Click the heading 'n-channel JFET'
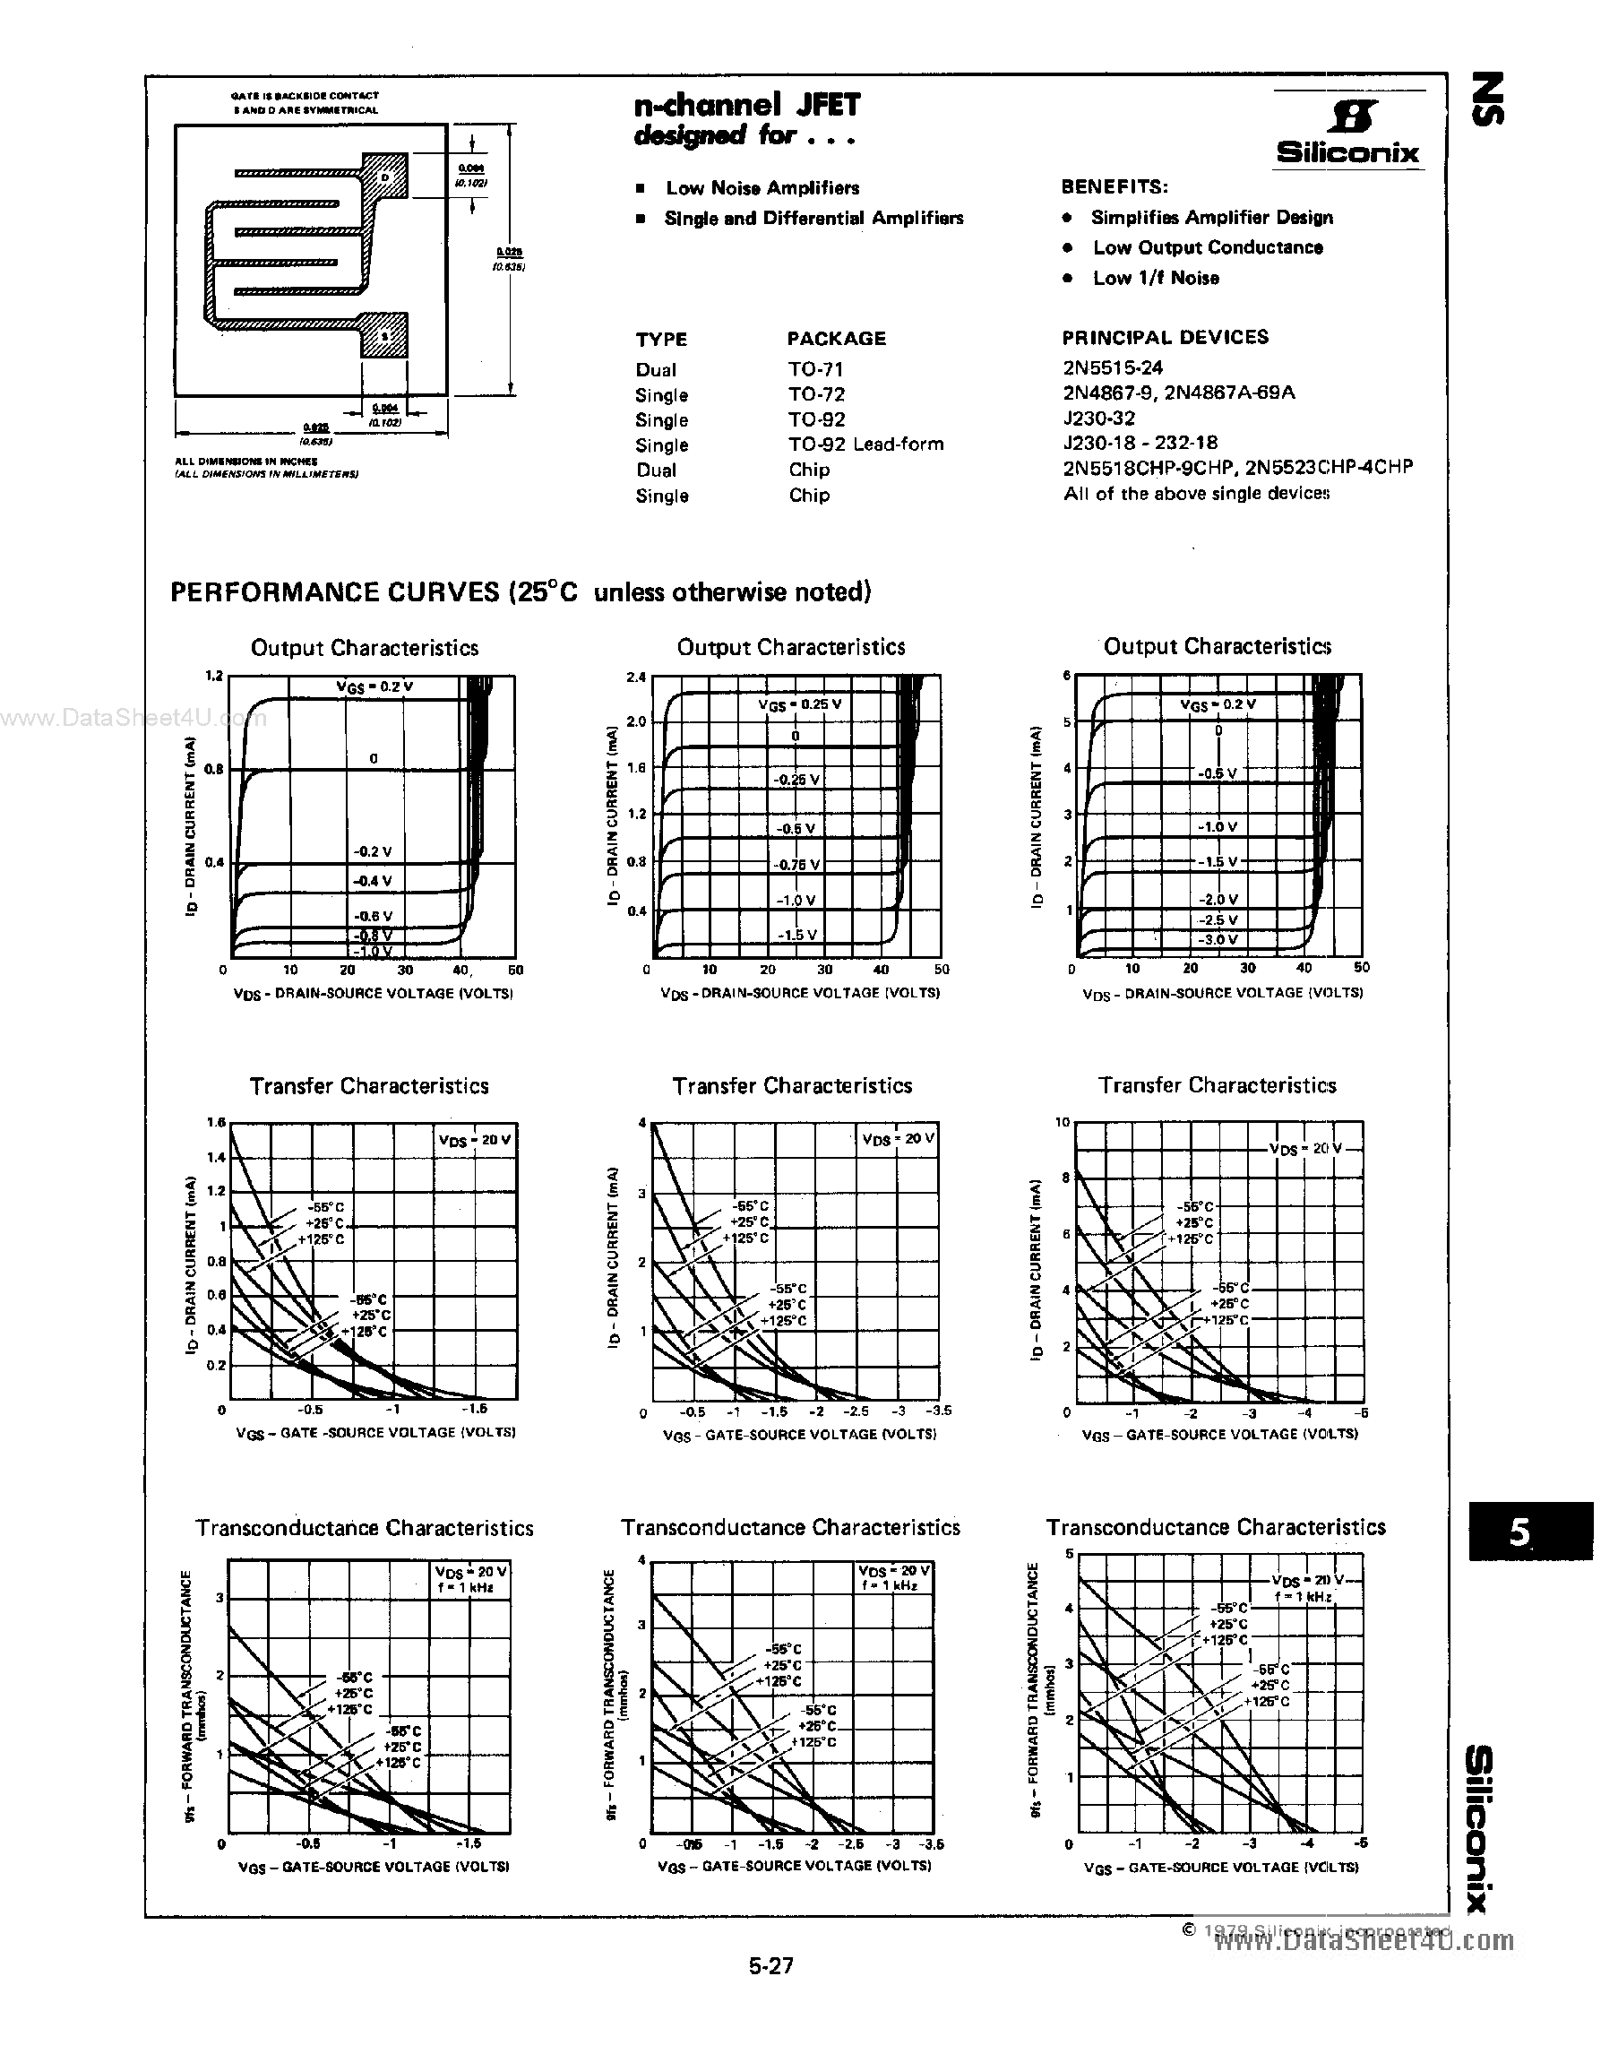[x=746, y=103]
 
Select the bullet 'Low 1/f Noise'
[x=1155, y=278]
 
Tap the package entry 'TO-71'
[x=814, y=368]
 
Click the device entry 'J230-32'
[x=1099, y=418]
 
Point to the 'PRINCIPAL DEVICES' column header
[x=1166, y=337]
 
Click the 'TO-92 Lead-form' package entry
[x=865, y=444]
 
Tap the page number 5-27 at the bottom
[x=770, y=1966]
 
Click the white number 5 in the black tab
[x=1519, y=1532]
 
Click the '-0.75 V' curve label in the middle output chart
[x=796, y=865]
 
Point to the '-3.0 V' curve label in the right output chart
[x=1218, y=940]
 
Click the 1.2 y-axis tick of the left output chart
[x=213, y=677]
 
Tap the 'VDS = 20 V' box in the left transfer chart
[x=475, y=1140]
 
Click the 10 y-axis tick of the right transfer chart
[x=1062, y=1123]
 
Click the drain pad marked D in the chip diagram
[x=384, y=177]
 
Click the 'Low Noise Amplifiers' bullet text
[x=762, y=187]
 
